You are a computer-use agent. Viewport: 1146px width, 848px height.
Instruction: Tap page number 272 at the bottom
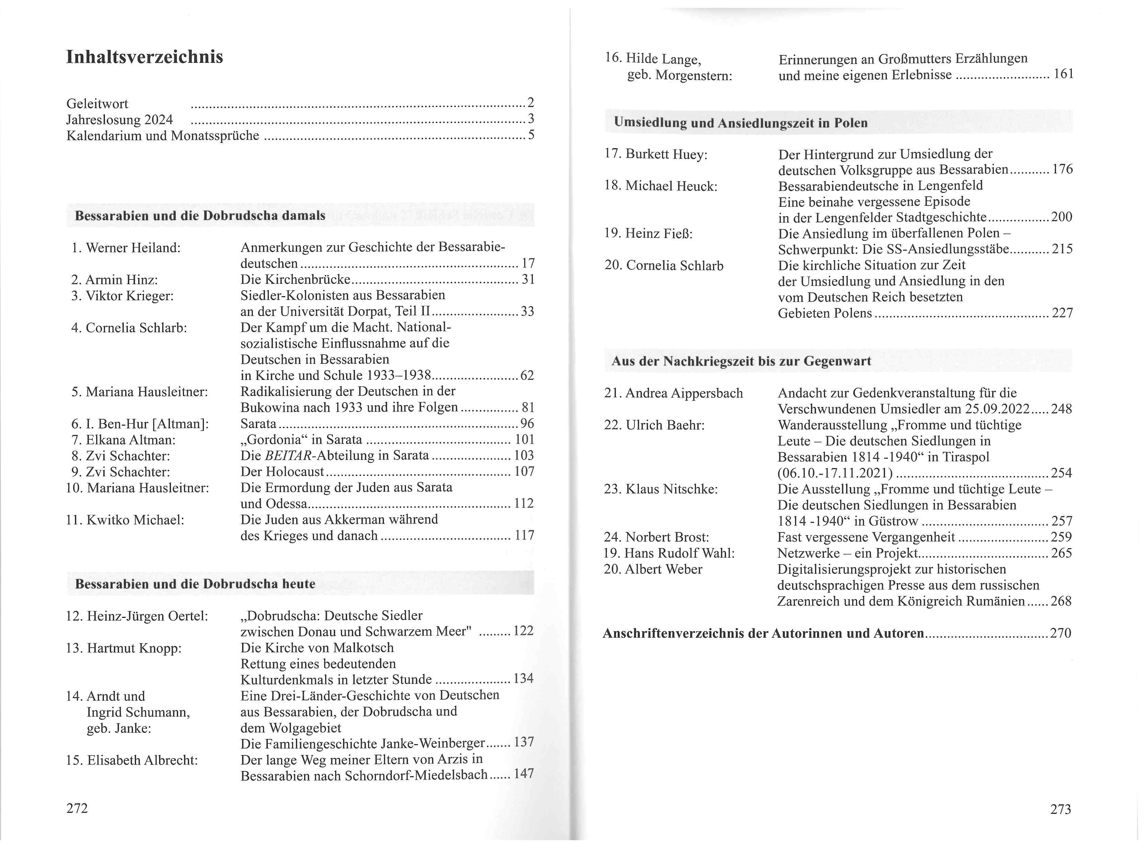pos(77,808)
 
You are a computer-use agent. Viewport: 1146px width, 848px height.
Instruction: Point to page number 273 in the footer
pos(1060,809)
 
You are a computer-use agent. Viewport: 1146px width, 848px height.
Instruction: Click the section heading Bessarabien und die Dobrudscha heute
pos(195,584)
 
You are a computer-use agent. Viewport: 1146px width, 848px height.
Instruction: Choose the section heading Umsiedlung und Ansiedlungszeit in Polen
pos(740,123)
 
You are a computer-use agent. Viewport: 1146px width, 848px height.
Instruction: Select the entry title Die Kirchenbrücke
pos(295,280)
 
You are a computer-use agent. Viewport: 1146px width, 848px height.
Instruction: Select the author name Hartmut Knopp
pos(134,648)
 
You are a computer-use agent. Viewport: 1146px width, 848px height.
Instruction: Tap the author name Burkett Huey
pos(666,155)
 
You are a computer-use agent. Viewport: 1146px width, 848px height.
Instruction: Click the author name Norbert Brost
pos(667,538)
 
